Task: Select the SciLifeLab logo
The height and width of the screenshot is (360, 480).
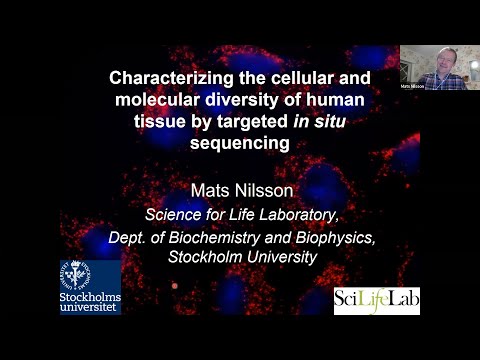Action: pyautogui.click(x=377, y=300)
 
